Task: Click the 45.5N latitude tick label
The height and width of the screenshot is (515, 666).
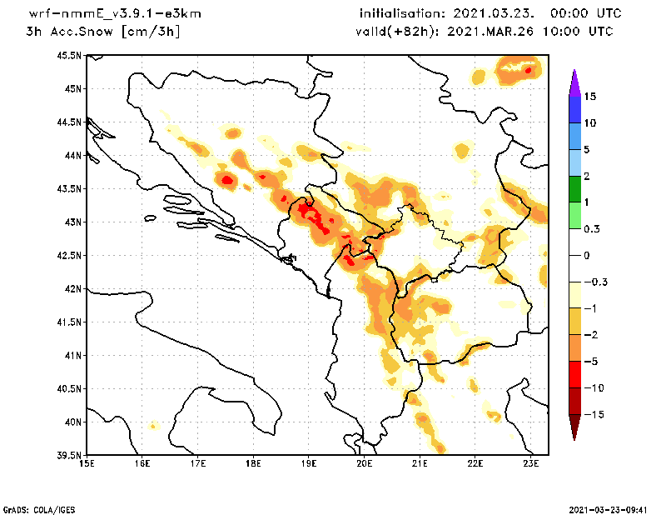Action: point(70,56)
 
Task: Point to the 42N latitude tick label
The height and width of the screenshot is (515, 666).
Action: point(72,289)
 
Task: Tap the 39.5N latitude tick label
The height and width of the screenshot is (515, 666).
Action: point(70,456)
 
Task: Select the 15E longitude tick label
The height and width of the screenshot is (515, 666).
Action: point(86,464)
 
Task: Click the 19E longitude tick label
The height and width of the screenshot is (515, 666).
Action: point(309,464)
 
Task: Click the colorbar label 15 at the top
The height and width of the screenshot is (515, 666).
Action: point(590,97)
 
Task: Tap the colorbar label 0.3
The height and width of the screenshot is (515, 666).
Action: point(592,228)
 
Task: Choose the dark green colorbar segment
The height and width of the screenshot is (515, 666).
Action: point(574,189)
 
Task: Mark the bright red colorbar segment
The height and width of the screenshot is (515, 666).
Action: point(574,374)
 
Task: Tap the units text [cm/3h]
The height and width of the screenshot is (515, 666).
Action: point(151,32)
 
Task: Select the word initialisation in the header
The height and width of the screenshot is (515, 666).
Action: point(403,14)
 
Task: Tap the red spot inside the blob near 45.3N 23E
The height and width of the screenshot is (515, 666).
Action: point(528,70)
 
